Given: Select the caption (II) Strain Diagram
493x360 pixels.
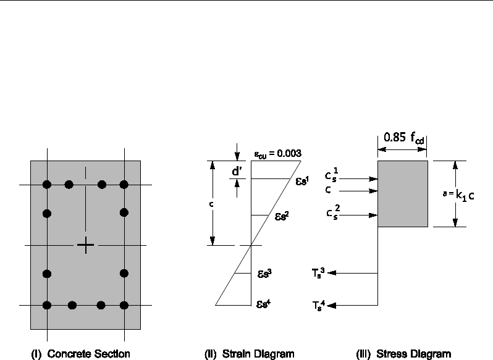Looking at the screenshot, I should tap(250, 354).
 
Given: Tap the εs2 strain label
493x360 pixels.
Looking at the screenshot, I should tap(281, 217).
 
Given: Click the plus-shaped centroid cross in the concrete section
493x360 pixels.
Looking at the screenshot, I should tap(86, 246).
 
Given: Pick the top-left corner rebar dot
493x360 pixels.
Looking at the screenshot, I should tap(46, 184).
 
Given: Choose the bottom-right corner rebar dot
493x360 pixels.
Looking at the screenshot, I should tap(124, 304).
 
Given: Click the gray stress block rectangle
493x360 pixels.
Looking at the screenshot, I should tap(402, 194).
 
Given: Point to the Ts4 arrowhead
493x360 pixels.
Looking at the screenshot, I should tap(333, 304).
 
